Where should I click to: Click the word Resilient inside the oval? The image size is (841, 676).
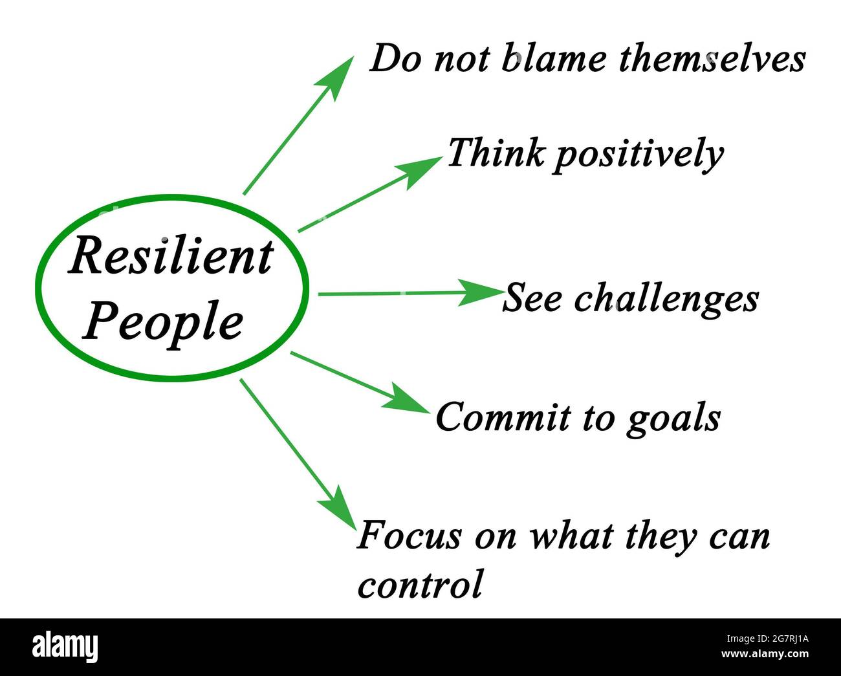(x=171, y=257)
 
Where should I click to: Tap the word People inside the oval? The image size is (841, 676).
(x=163, y=322)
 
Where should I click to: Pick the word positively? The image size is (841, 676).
(x=638, y=155)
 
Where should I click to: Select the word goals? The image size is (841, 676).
(x=673, y=419)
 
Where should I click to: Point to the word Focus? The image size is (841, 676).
(x=410, y=536)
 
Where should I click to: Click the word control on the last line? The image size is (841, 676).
(x=420, y=583)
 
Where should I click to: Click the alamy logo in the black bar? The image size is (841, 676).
(x=65, y=646)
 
